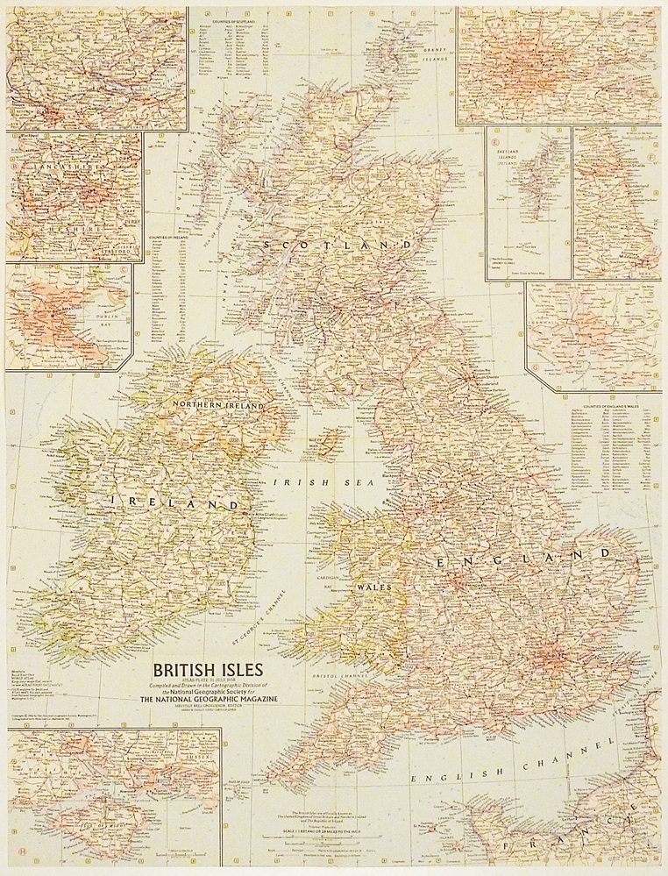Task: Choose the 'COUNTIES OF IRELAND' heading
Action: point(169,237)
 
